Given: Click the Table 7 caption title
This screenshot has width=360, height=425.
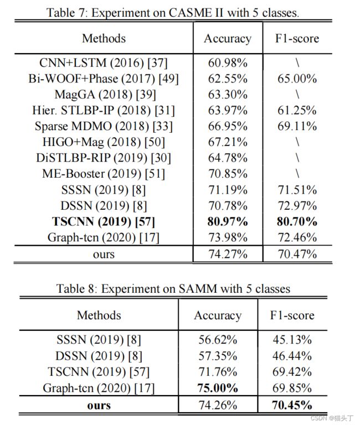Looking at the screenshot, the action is (x=173, y=13).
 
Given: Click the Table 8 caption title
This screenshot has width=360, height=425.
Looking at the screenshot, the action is (x=173, y=289).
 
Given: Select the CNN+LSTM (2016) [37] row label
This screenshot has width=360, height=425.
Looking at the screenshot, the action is (x=104, y=63).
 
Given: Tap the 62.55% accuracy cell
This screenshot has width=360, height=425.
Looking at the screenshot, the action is (x=228, y=79).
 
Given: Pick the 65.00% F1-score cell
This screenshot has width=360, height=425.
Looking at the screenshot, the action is (x=297, y=79).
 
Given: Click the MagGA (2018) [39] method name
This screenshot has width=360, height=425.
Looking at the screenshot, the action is (x=105, y=95).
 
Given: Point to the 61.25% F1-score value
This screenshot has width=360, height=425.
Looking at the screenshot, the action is (x=297, y=110).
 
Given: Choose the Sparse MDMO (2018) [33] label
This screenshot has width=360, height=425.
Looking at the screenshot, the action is (x=104, y=126).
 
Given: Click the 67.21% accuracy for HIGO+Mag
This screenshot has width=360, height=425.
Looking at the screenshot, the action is (x=228, y=142).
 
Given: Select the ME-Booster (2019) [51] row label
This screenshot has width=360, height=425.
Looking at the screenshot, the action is (x=104, y=174).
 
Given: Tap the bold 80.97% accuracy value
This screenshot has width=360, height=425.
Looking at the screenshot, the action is (x=228, y=221).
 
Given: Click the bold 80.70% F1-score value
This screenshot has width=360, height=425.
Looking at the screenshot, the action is (x=297, y=221).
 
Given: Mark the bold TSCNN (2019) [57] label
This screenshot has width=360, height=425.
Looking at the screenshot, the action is (x=104, y=221).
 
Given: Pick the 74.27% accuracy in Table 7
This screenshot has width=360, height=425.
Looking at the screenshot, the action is (x=228, y=254).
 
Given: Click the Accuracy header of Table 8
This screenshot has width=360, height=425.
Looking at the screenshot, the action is (x=218, y=316).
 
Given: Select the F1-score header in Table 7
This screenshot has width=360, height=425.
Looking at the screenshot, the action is (x=297, y=38).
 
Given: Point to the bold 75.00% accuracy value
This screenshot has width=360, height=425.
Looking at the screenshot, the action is (x=218, y=388).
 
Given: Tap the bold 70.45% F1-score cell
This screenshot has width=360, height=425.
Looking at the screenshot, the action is (x=292, y=405).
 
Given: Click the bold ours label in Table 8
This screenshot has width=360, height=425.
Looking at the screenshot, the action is (x=99, y=406).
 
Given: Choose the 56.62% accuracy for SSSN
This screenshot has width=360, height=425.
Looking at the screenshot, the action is (x=218, y=340).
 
